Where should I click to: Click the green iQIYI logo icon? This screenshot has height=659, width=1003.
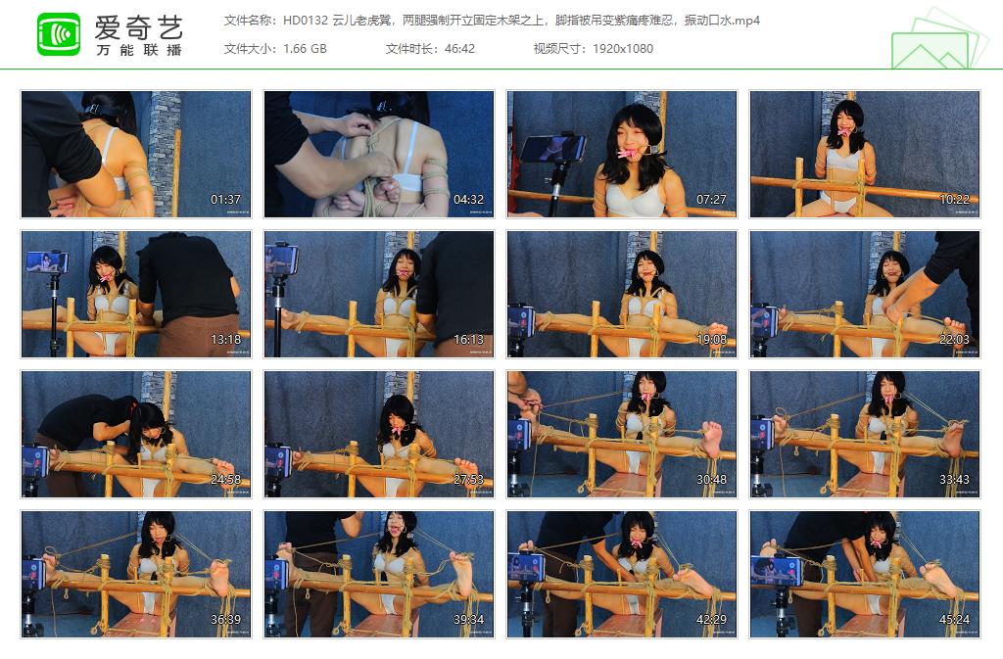pos(59,33)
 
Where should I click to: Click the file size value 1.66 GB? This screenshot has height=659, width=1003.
pos(305,48)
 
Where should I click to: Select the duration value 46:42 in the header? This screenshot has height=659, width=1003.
pos(458,48)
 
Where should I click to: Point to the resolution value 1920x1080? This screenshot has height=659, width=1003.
pos(623,48)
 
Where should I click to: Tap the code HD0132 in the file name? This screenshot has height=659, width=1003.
pos(305,21)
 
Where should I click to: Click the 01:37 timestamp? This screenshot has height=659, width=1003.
pos(225,200)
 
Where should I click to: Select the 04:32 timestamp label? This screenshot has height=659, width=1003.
pos(468,200)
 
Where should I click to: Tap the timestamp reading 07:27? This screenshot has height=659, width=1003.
pos(711,200)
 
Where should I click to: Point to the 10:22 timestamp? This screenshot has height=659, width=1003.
pos(954,200)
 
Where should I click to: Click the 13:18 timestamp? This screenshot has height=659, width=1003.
pos(225,340)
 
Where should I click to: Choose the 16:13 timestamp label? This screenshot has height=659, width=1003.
pos(468,340)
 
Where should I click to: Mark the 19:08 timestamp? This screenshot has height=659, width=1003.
pos(711,340)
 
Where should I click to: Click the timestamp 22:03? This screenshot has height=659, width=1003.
pos(954,340)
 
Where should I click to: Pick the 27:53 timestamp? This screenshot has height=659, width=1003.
pos(468,480)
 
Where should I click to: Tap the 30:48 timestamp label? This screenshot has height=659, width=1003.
pos(711,480)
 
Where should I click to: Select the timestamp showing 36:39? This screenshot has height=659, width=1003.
pos(225,620)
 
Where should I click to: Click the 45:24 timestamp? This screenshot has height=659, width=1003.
pos(954,620)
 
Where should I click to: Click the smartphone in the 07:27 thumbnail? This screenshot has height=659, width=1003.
pos(552,148)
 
